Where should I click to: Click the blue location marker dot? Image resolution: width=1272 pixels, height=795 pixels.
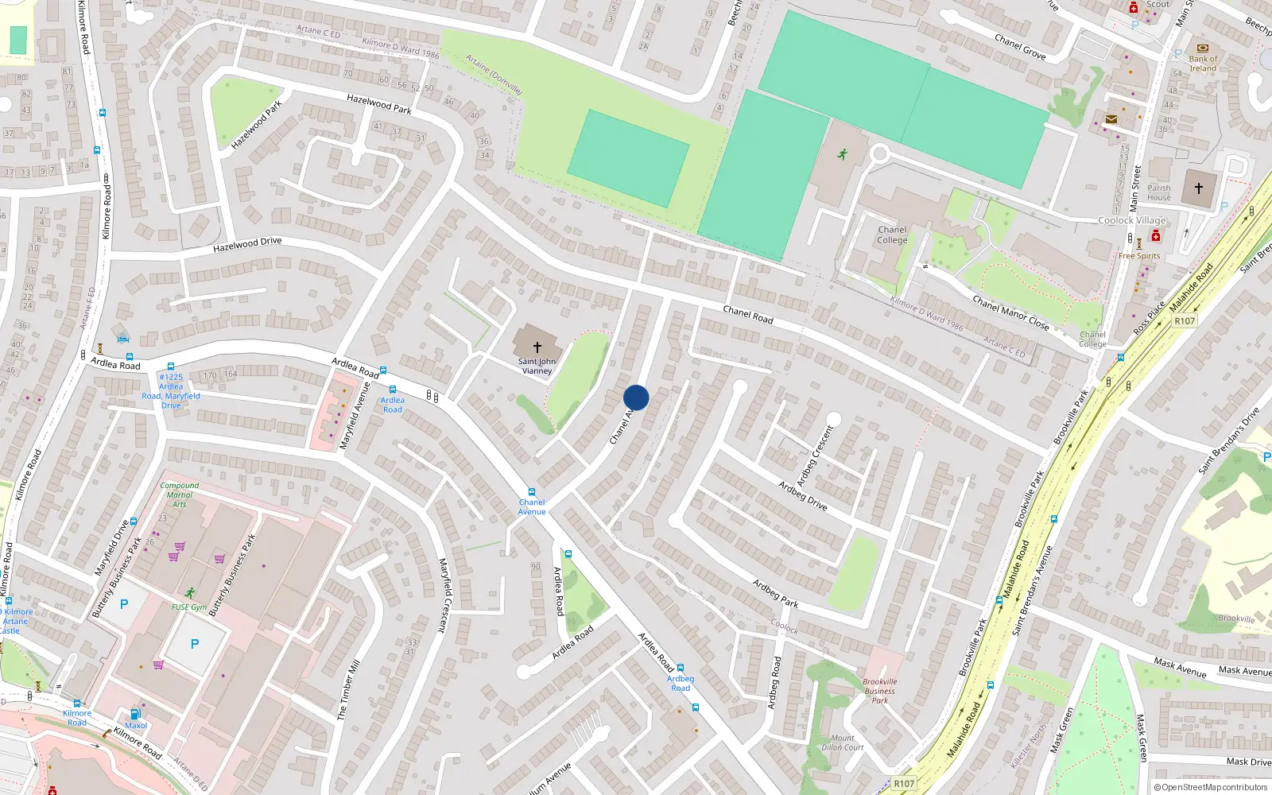pos(636,397)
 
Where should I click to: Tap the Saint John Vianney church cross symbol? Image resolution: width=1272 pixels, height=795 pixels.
pos(537,347)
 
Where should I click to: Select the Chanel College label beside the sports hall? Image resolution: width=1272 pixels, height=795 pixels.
pos(892,235)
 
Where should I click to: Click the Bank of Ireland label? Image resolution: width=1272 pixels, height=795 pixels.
pos(1203,64)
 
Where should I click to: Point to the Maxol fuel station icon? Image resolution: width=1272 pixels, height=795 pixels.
pos(135,714)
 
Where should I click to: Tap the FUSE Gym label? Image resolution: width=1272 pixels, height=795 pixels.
pos(189,607)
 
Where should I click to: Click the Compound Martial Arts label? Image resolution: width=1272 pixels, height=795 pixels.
pos(180,494)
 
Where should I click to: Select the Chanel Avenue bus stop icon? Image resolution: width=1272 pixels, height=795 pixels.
pos(532,492)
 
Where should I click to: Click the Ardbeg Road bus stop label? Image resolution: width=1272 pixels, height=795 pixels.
pos(681,683)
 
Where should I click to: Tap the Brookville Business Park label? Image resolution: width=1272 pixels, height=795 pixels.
pos(879,691)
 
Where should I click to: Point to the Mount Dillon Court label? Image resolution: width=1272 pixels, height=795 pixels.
pos(843,743)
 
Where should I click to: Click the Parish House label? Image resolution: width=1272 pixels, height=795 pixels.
pos(1158,193)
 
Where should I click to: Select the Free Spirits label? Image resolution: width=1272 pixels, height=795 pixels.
pos(1138,256)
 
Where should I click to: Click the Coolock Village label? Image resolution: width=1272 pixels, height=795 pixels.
pos(1132,220)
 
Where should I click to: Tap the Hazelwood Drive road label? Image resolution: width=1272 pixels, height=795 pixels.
pos(247,245)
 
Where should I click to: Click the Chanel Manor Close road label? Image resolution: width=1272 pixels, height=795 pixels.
pos(1010,312)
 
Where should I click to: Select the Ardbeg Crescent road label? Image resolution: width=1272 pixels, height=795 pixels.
pos(815,456)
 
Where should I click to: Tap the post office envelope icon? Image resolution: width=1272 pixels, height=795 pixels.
pos(1111,119)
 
